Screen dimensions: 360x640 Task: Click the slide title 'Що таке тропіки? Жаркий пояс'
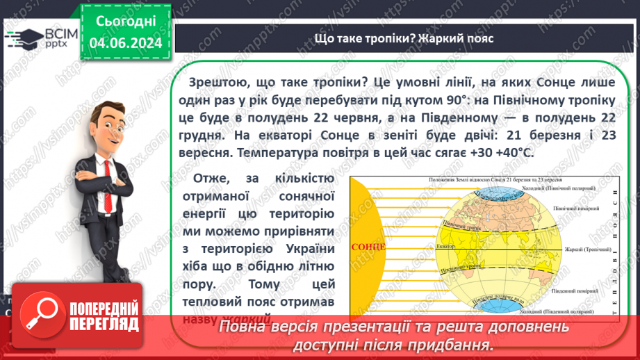(x=404, y=38)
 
